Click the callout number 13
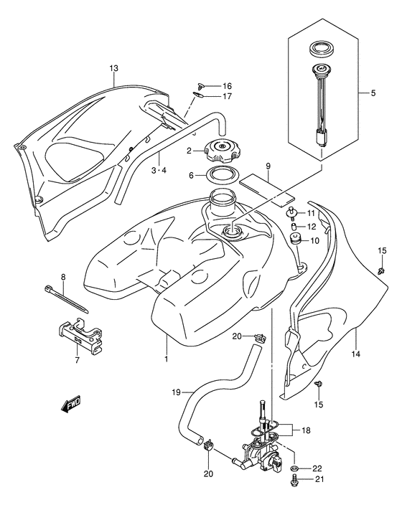113,69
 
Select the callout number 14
357,354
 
